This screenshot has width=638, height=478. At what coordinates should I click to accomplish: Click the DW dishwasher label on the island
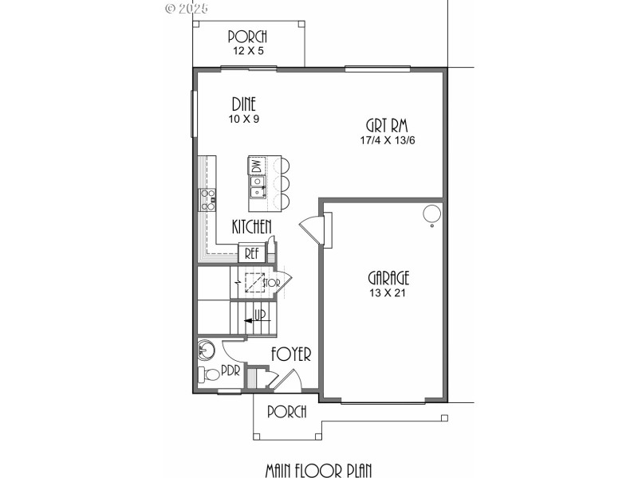tap(257, 167)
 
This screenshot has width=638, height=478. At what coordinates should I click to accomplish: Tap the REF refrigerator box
tap(251, 254)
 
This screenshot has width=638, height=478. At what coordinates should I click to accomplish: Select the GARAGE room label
tap(388, 278)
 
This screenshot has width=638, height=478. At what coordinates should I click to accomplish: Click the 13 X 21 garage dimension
tap(388, 292)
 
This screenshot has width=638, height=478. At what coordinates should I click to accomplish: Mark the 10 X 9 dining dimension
tap(244, 119)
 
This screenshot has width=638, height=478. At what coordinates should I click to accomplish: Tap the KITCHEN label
tap(252, 227)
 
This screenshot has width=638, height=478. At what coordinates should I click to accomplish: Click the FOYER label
tap(290, 355)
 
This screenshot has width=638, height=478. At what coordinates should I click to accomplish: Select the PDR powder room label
tap(230, 370)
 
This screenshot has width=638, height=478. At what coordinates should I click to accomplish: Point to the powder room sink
tap(207, 349)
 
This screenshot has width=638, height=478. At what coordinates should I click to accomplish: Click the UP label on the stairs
tap(259, 315)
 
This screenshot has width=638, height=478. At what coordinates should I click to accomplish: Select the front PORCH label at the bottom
tap(287, 412)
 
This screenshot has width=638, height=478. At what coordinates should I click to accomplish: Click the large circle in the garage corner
tap(431, 214)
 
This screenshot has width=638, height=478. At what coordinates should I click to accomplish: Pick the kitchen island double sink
tap(257, 187)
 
